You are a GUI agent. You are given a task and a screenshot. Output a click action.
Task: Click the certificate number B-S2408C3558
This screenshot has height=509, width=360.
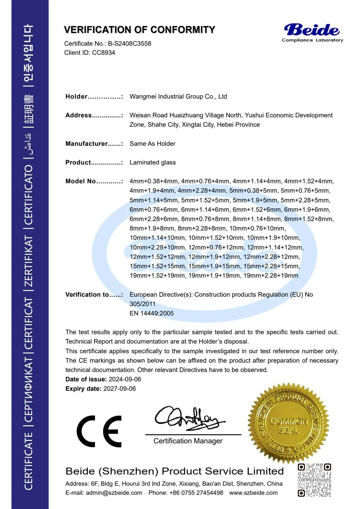click(129, 44)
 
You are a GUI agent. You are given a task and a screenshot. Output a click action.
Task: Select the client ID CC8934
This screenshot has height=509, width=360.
click(103, 53)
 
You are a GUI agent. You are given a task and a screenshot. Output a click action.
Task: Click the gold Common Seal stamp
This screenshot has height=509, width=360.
click(288, 423)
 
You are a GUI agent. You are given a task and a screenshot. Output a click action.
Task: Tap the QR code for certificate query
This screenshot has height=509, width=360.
click(314, 480)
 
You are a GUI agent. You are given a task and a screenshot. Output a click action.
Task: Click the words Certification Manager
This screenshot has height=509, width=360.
click(188, 441)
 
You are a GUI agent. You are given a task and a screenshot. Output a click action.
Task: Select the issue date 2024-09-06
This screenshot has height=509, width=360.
click(125, 379)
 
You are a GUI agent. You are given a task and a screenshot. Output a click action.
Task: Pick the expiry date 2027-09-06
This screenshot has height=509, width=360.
click(119, 389)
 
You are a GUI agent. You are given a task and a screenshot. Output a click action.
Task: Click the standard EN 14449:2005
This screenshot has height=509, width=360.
click(152, 313)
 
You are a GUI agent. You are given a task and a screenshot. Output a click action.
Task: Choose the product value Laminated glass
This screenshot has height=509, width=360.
click(152, 162)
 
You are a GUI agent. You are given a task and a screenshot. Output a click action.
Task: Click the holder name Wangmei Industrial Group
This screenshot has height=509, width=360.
click(178, 96)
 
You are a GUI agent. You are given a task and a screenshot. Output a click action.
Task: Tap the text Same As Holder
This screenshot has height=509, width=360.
click(152, 144)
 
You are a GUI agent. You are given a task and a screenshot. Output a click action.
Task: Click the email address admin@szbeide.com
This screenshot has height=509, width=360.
click(114, 493)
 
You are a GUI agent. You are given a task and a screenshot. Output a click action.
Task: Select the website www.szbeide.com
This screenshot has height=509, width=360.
click(253, 493)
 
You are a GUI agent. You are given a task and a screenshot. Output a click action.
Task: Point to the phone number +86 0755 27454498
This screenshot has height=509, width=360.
click(196, 493)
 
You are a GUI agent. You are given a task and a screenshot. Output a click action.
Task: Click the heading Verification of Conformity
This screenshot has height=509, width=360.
click(139, 30)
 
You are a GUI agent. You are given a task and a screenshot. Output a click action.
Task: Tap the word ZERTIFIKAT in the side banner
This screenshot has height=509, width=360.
click(28, 261)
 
